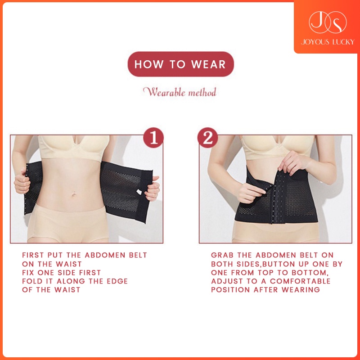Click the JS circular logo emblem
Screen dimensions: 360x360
(x=328, y=22)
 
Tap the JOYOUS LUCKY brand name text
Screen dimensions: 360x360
(x=328, y=42)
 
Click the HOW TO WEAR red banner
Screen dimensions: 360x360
(x=181, y=64)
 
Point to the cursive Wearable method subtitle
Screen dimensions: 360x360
(x=180, y=92)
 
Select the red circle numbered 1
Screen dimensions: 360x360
(x=153, y=138)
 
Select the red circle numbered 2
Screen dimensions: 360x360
(x=208, y=138)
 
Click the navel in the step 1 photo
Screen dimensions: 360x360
(x=74, y=195)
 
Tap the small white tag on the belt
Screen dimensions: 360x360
(x=139, y=192)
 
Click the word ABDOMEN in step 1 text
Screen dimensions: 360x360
(x=105, y=255)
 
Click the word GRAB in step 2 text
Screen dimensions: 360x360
(x=222, y=255)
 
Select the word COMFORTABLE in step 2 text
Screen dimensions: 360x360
(x=300, y=281)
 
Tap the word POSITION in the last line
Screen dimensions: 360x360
(x=230, y=290)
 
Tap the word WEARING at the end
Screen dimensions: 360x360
(x=301, y=290)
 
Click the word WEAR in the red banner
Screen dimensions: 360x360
(x=208, y=64)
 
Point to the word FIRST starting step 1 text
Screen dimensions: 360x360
(x=33, y=255)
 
